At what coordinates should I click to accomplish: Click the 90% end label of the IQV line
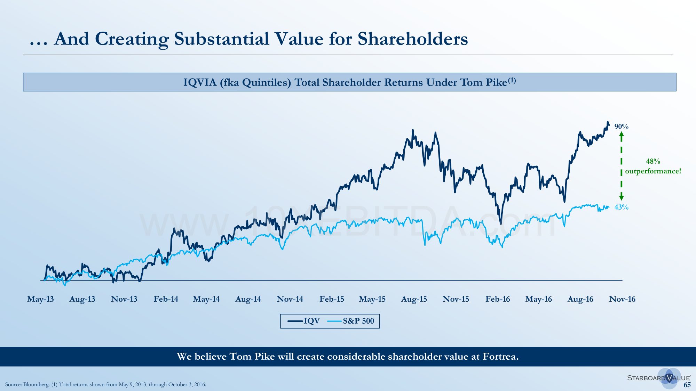621,127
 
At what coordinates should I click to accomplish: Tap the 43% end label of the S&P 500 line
621,207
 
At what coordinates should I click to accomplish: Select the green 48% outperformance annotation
653,166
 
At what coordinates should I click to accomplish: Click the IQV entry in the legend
304,321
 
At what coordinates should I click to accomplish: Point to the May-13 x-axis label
40,299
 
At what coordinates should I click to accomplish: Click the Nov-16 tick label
622,299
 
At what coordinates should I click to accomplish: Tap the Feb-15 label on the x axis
332,299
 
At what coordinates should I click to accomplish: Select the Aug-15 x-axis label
414,299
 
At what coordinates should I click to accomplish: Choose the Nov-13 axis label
124,299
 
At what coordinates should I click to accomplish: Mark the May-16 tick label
538,299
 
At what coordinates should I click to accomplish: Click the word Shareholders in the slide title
413,39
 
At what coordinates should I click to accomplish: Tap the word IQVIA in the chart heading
200,82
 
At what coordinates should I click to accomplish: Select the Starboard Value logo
659,378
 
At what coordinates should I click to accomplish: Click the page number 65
687,385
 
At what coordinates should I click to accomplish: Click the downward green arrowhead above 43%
622,198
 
